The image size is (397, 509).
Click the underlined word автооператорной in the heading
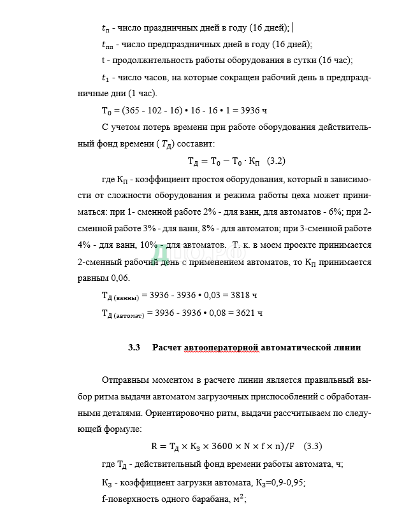tap(221, 347)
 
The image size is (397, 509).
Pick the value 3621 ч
tap(249, 313)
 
